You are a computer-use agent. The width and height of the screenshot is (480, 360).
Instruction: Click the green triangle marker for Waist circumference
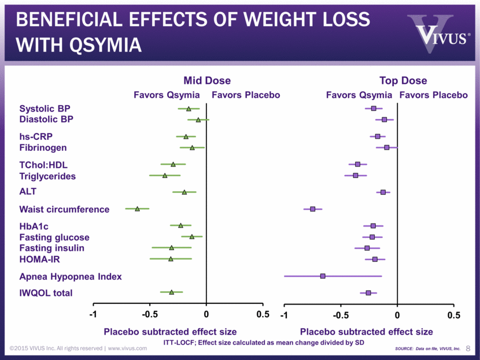click(137, 208)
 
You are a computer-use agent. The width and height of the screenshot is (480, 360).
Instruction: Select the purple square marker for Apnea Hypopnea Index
click(323, 276)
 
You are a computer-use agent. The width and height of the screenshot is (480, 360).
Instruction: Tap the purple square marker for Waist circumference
click(313, 209)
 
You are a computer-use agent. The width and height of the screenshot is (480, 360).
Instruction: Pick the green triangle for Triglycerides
click(165, 175)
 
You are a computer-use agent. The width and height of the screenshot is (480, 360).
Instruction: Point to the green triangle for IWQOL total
click(172, 292)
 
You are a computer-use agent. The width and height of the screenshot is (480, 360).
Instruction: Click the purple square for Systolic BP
click(374, 108)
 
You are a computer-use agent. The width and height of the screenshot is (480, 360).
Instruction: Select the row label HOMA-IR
click(40, 259)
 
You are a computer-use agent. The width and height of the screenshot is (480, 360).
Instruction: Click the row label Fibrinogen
click(43, 147)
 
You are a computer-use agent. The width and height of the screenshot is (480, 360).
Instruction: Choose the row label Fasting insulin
click(52, 248)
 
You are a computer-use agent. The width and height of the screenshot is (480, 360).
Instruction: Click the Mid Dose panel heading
click(207, 80)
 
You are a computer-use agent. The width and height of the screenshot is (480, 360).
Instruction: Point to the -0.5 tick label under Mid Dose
click(150, 314)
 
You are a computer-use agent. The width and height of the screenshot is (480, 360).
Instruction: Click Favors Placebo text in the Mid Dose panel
click(246, 95)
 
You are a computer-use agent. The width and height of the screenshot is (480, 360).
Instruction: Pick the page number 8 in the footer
click(468, 348)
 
